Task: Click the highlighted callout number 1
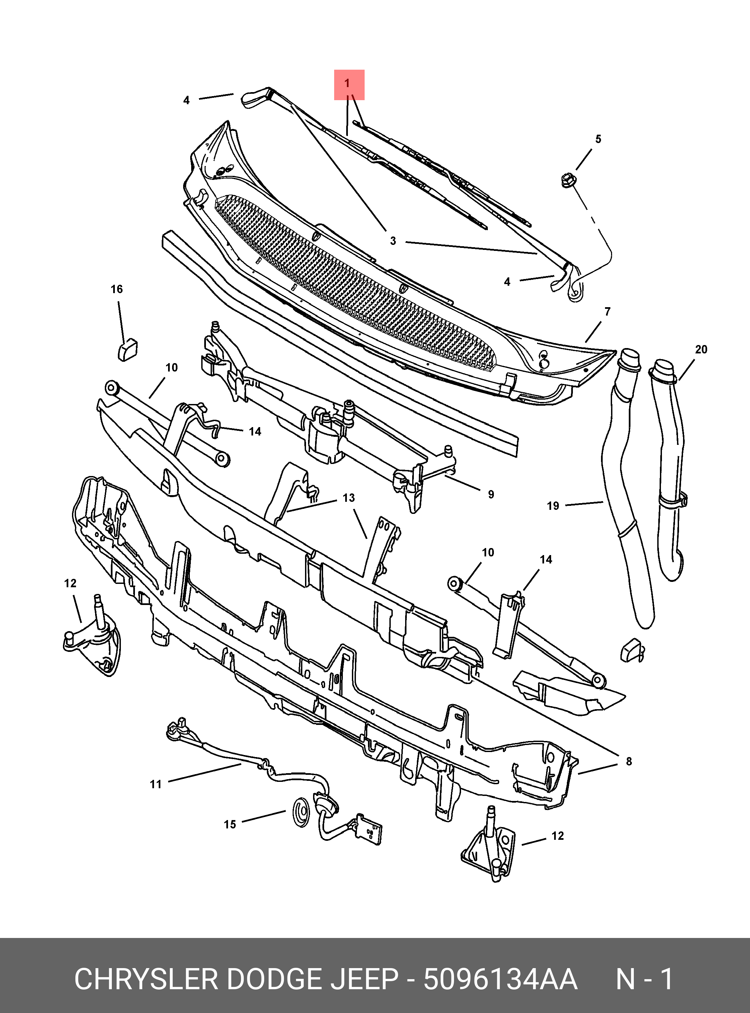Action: (x=349, y=84)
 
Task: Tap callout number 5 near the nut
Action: (x=598, y=139)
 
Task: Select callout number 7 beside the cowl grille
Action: (x=607, y=312)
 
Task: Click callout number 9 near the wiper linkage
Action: (x=491, y=494)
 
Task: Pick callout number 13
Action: (x=348, y=498)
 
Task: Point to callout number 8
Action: (x=628, y=761)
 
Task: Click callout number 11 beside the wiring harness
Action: (x=156, y=784)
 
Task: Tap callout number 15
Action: (x=230, y=824)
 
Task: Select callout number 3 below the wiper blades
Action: (x=393, y=241)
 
